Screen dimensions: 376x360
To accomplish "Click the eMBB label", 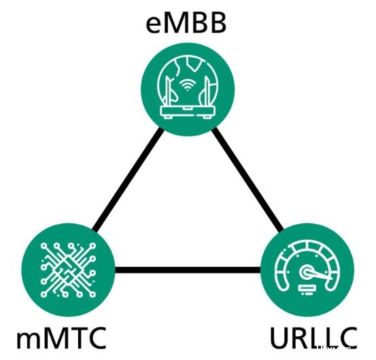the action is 186,24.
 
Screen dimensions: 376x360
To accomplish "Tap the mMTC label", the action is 61,338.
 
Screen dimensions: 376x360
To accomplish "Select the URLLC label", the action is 313,338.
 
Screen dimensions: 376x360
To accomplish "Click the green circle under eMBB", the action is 188,90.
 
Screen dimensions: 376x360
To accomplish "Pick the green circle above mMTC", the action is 69,270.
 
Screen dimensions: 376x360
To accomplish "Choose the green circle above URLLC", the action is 307,270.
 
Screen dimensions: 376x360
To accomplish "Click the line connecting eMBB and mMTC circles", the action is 127,179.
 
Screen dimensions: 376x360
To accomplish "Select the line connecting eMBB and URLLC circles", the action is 247,179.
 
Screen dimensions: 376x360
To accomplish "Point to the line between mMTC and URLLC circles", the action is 188,270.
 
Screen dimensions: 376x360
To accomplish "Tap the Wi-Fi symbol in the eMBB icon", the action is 188,84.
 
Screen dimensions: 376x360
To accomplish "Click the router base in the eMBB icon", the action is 188,111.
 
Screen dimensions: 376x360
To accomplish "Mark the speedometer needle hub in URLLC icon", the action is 306,272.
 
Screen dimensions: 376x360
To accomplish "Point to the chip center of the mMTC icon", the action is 68,270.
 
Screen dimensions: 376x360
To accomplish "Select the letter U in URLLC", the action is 278,338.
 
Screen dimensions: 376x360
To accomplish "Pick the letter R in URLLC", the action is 298,338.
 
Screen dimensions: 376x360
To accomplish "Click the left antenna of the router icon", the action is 169,90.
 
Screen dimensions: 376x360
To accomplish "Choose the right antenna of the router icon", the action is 207,90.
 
